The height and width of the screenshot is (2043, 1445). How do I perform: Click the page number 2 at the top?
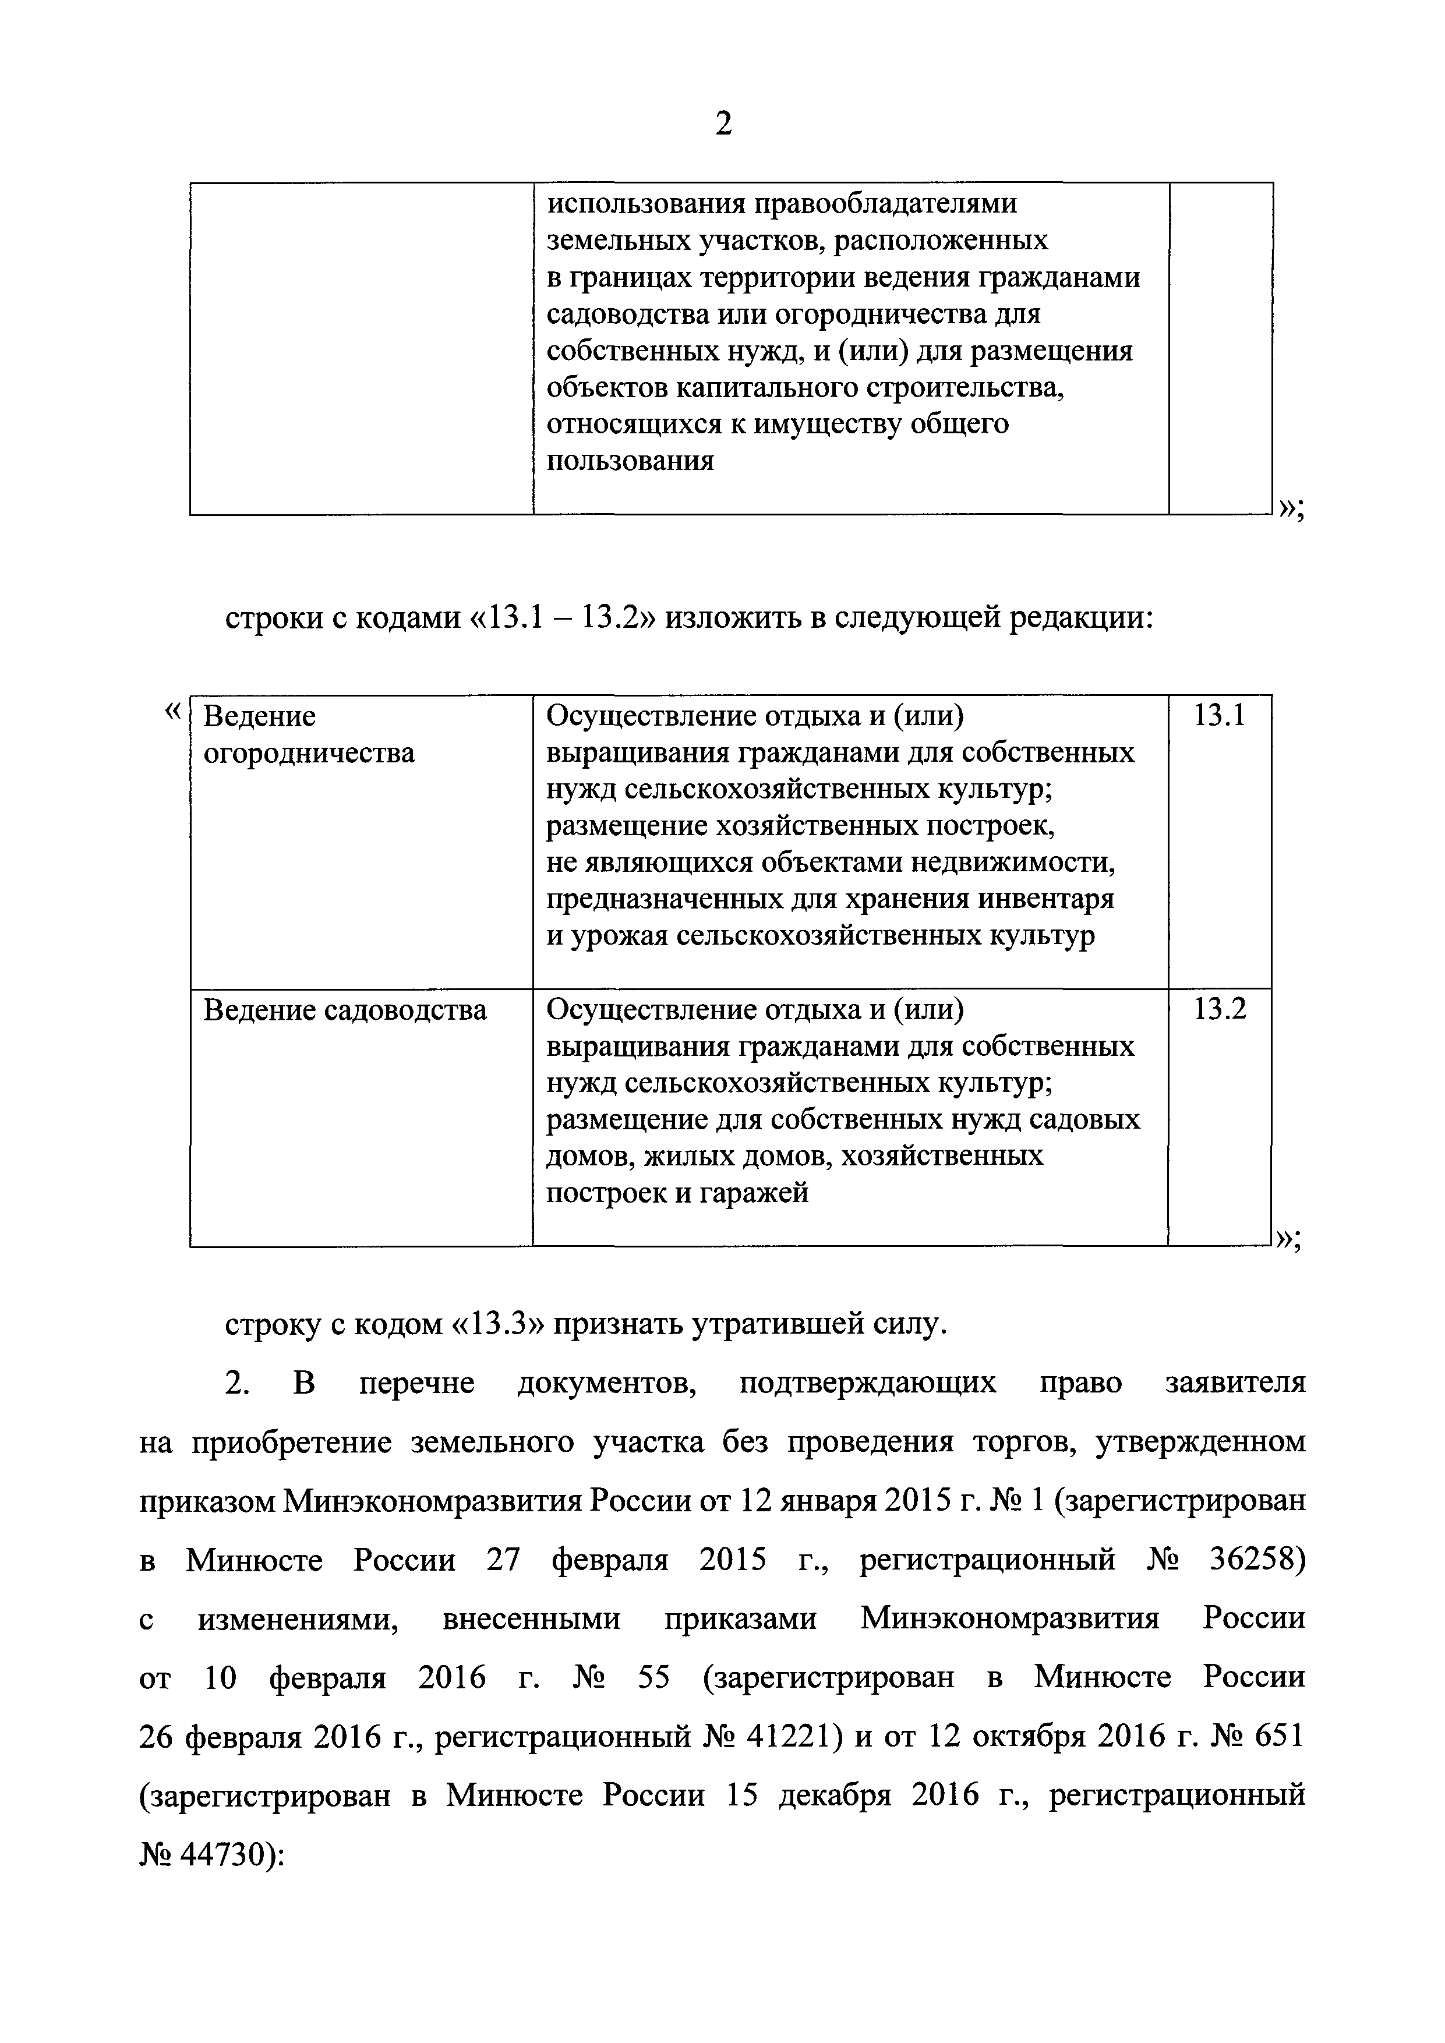[723, 123]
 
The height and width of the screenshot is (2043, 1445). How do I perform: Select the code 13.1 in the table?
[1219, 716]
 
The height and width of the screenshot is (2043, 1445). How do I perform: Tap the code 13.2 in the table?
[1219, 1009]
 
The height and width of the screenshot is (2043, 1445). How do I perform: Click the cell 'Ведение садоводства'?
[345, 1010]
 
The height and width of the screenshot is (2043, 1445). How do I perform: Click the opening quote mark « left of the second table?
[174, 711]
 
